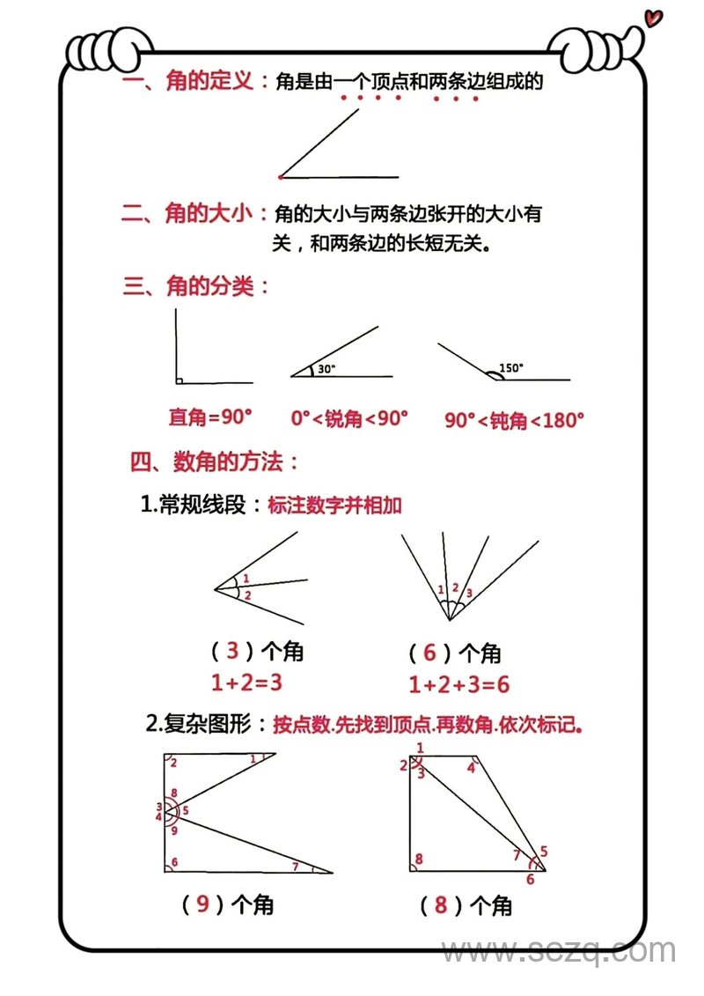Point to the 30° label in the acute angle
pos(327,369)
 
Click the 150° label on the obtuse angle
pos(510,368)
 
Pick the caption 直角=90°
pos(210,417)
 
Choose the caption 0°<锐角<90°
pos(349,417)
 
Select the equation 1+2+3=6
pos(459,684)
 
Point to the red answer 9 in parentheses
pos(203,904)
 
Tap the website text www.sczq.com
pos(559,951)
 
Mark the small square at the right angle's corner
pos(179,380)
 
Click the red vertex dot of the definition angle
pos(280,177)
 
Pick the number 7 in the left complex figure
pos(295,867)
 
